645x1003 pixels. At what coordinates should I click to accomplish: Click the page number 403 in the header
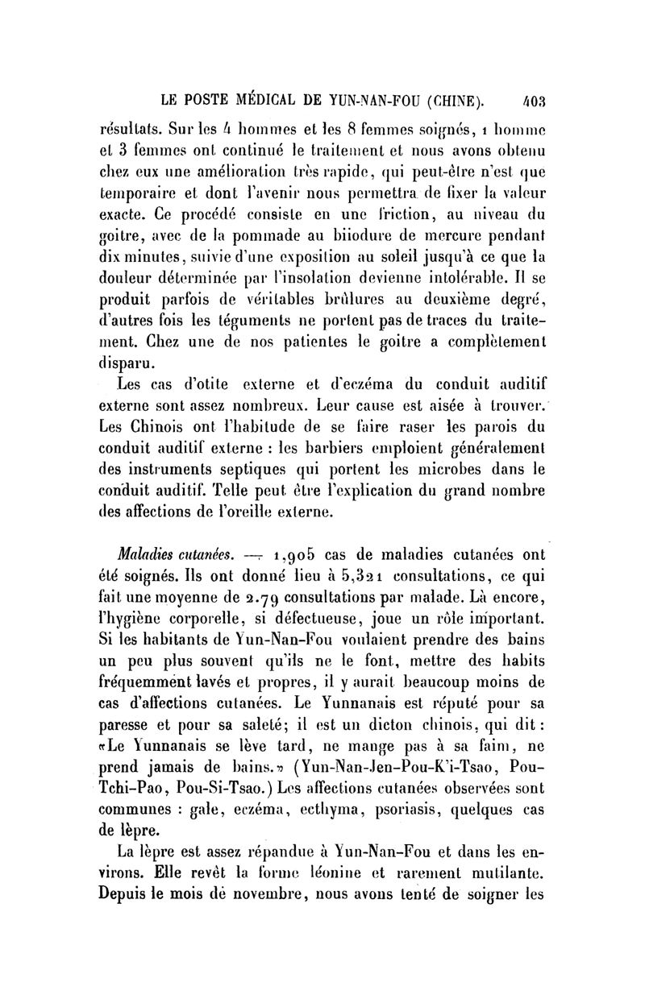(534, 102)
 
